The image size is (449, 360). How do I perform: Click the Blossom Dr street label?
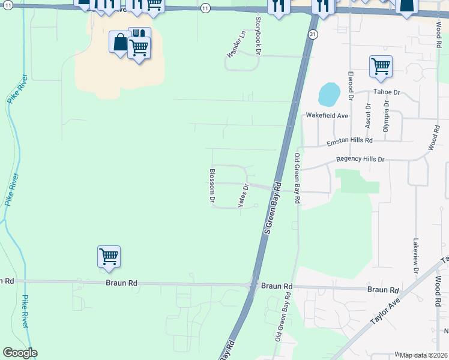tap(212, 185)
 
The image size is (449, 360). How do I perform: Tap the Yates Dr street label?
tap(243, 196)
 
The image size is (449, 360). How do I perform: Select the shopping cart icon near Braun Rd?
tap(109, 256)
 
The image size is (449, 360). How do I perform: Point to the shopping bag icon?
tap(119, 42)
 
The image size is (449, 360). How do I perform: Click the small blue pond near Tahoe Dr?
tap(329, 94)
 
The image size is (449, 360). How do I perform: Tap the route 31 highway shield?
tap(313, 35)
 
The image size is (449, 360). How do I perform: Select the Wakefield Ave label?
tap(327, 115)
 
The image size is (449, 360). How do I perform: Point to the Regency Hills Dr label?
tap(360, 159)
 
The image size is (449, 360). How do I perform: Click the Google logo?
tap(19, 353)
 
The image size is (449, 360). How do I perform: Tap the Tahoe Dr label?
tap(387, 92)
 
